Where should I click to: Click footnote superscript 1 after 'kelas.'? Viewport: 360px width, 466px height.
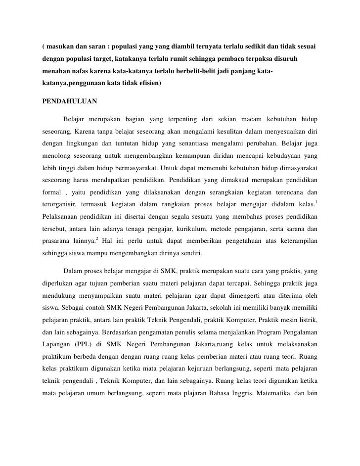pyautogui.click(x=316, y=202)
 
